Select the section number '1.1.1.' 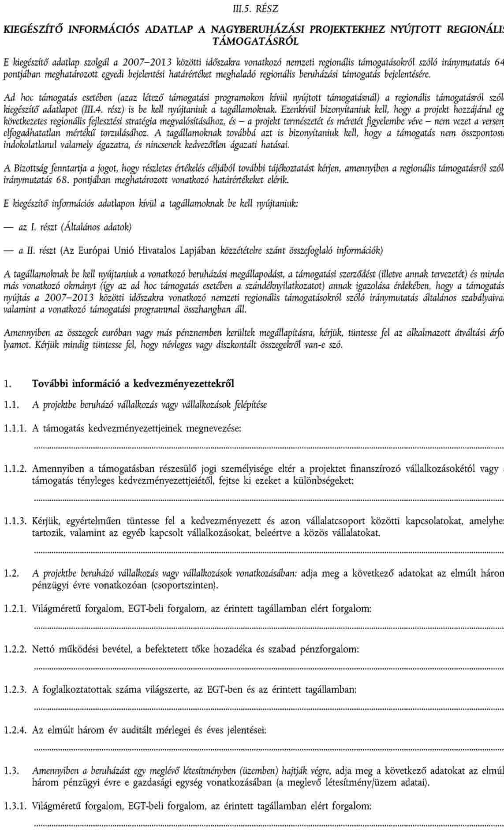point(15,428)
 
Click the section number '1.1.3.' point(15,522)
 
